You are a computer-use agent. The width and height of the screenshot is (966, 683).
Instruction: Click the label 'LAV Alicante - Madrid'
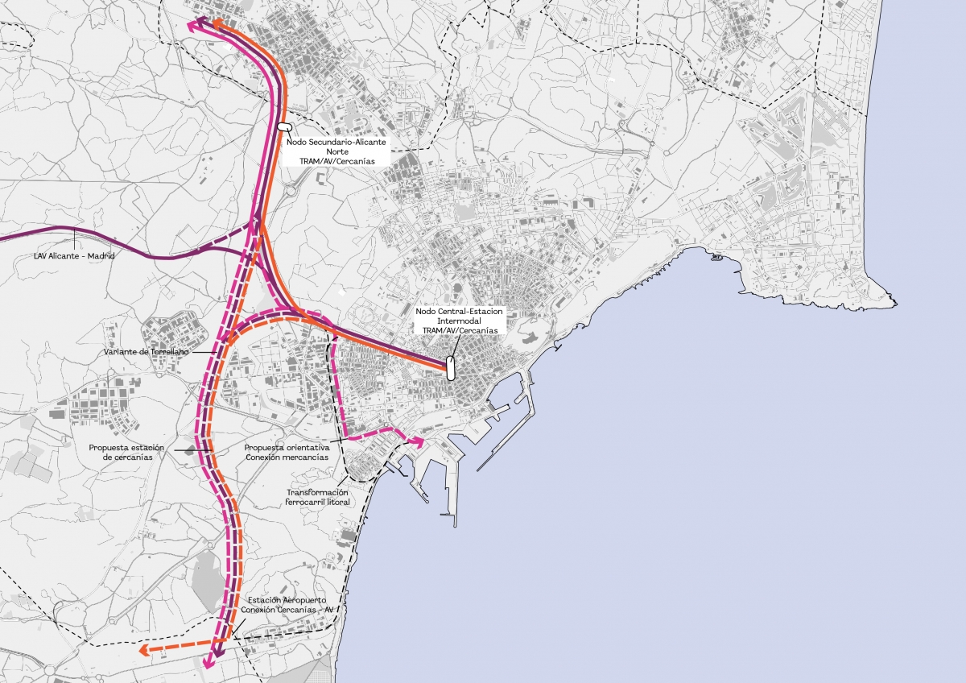click(x=74, y=255)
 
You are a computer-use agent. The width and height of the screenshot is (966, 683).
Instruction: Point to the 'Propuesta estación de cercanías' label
click(x=127, y=452)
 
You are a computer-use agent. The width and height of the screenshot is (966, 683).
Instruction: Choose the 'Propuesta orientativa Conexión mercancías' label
click(x=286, y=452)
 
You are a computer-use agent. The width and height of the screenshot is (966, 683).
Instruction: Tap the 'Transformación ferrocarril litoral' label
click(x=316, y=497)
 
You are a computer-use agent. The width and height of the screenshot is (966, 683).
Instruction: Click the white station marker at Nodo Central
click(x=451, y=369)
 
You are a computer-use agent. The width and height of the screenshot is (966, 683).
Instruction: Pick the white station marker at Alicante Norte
click(x=284, y=126)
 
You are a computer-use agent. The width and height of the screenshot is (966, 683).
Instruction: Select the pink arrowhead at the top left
click(x=193, y=25)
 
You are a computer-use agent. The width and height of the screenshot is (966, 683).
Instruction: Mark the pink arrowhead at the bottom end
click(x=208, y=664)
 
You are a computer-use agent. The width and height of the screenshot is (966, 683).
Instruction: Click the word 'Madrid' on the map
click(x=102, y=255)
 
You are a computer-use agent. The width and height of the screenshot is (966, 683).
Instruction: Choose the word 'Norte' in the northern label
click(x=335, y=151)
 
